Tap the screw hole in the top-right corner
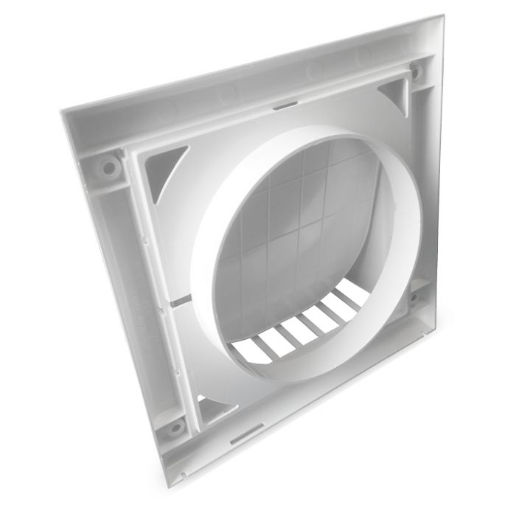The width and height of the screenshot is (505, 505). pos(417,72)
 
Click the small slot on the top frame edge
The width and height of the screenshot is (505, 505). pos(282,105)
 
